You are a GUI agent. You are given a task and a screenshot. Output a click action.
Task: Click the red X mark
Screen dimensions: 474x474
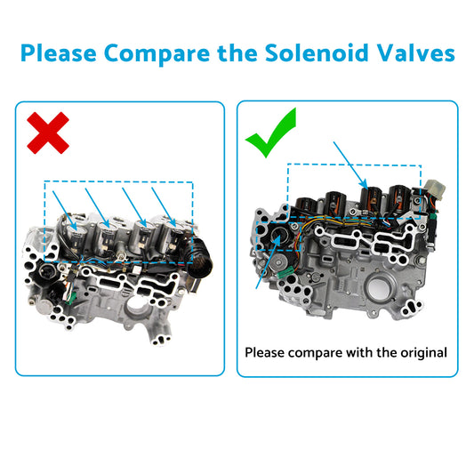click(48, 133)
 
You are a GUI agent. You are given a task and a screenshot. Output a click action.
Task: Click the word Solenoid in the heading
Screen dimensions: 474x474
click(313, 52)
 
